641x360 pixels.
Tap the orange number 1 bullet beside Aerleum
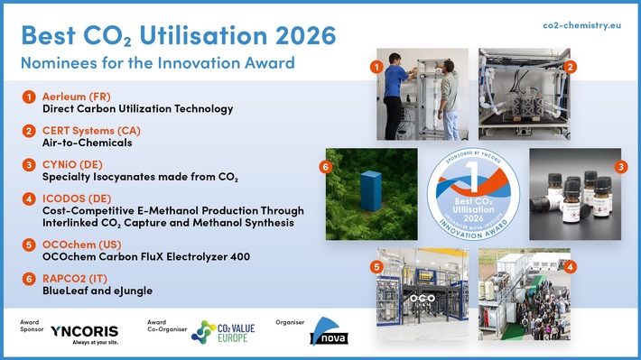30,97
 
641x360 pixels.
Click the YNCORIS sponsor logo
84,332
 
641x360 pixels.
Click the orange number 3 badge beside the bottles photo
620,166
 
